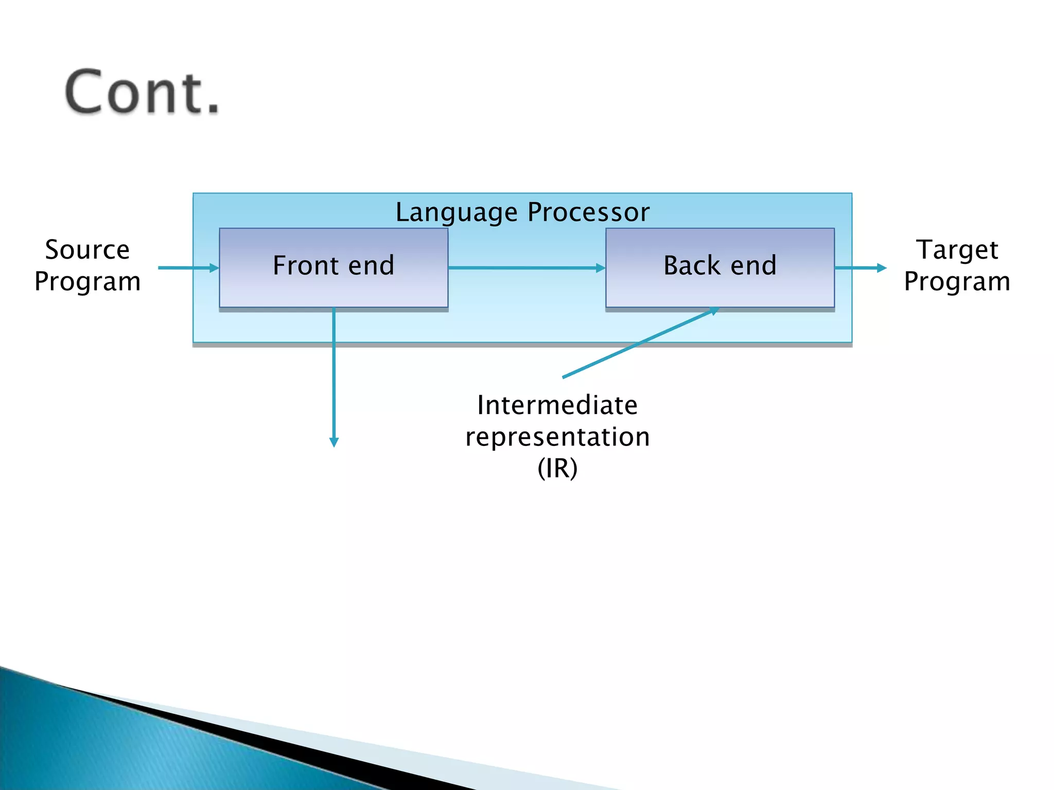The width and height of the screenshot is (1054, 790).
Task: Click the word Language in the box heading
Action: click(456, 213)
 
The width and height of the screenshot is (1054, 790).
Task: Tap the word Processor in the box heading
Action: click(588, 212)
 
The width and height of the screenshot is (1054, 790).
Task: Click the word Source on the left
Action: click(87, 250)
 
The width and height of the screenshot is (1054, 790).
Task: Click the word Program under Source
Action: click(87, 282)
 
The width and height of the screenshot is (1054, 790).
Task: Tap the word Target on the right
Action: click(957, 250)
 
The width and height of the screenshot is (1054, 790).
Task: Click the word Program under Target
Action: click(957, 282)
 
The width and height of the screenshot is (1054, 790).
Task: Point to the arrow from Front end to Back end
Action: click(525, 268)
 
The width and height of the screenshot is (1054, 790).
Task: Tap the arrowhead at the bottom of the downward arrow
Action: click(334, 442)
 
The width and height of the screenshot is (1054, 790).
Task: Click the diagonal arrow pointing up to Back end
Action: click(638, 344)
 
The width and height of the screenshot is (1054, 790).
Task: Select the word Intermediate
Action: click(557, 405)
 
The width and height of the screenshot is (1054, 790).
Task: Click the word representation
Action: click(557, 437)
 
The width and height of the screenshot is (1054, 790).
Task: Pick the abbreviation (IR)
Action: click(557, 468)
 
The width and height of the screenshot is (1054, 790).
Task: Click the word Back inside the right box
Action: click(691, 265)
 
